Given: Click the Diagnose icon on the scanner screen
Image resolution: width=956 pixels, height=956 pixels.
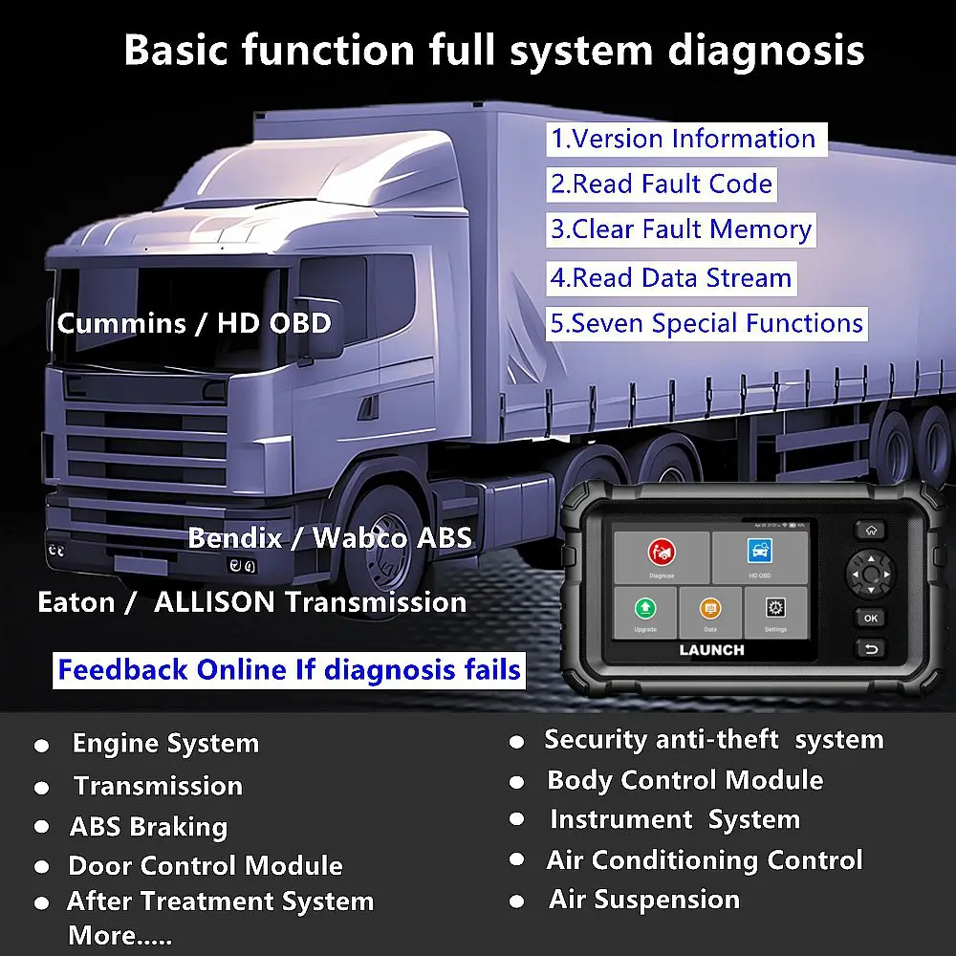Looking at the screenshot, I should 661,553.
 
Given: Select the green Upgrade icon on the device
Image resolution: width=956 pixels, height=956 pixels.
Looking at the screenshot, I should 645,608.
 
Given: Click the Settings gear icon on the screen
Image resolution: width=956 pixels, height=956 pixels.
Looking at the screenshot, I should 775,608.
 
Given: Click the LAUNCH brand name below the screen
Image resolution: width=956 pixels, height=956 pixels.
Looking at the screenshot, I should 711,650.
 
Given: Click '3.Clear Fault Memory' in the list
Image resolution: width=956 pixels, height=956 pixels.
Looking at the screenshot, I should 681,229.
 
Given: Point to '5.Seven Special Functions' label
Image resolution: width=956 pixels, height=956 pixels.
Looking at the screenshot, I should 706,323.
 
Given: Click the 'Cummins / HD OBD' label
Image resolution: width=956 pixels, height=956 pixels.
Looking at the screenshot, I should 194,323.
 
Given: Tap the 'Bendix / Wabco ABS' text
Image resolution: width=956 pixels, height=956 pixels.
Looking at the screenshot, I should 330,537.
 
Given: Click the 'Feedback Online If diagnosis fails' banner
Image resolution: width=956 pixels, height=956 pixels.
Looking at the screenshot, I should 289,669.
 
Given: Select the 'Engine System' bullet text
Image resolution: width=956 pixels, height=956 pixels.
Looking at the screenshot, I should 165,744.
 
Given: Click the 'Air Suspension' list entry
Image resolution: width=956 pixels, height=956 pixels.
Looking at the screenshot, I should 643,900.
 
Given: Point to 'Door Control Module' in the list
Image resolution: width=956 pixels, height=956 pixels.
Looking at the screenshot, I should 205,866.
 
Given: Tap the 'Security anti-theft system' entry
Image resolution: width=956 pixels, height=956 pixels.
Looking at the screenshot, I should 713,739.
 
